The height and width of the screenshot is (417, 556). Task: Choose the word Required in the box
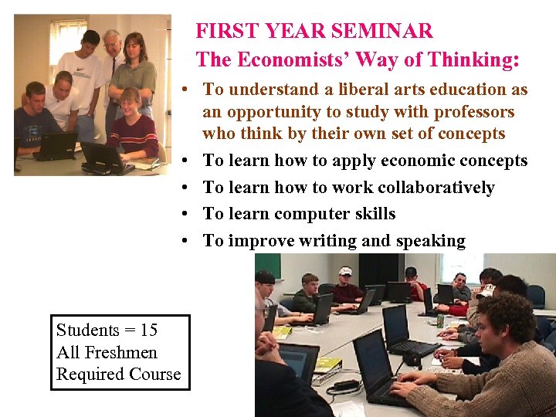87,375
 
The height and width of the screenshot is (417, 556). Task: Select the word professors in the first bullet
470,112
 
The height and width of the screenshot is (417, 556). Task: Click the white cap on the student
345,271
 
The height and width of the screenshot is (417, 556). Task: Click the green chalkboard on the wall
268,266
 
